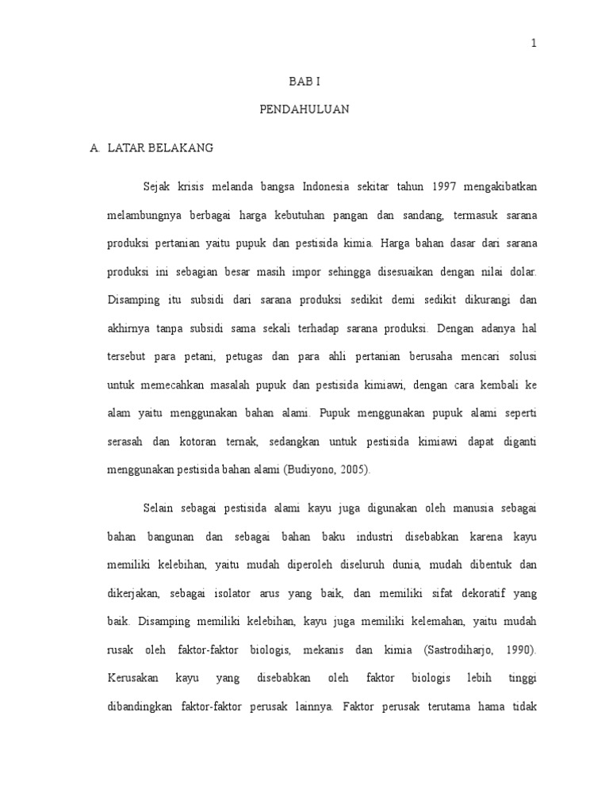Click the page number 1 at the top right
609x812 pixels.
[534, 44]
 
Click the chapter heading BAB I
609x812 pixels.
[304, 82]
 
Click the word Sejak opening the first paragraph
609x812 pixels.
[156, 186]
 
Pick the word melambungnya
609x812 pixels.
[144, 215]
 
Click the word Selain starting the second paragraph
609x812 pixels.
[159, 507]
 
